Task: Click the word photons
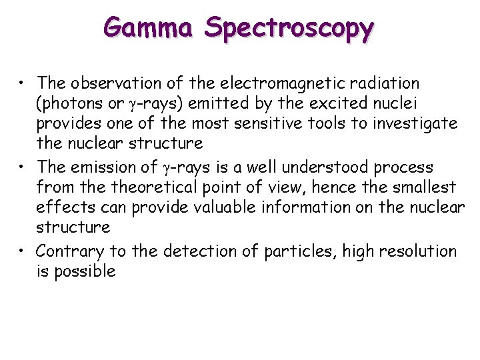click(73, 104)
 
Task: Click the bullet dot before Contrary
click(23, 252)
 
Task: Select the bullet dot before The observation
click(23, 84)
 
